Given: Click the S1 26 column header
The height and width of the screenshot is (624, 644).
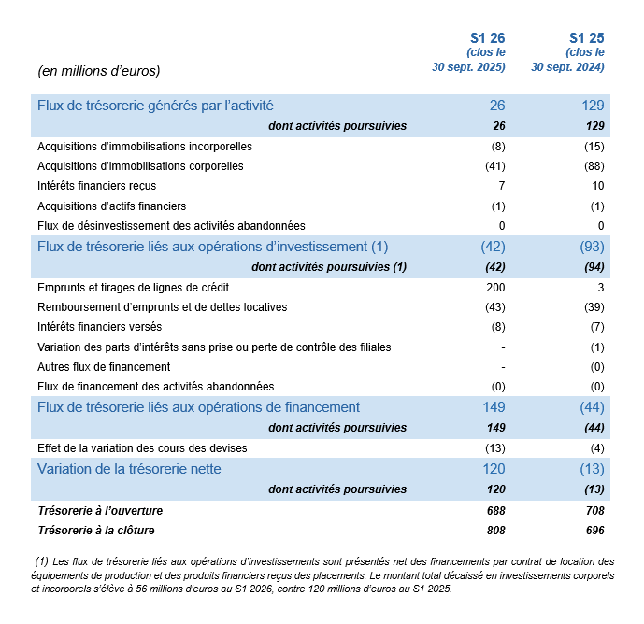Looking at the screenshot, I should tap(487, 38).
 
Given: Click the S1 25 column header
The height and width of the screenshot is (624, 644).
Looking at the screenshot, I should tap(587, 38).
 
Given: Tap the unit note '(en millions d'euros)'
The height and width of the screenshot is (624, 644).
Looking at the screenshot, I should tap(98, 71).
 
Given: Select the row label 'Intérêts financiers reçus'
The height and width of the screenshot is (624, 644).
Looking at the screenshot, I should tap(96, 186).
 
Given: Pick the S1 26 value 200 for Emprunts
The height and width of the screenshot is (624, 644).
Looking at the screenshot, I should tap(494, 288).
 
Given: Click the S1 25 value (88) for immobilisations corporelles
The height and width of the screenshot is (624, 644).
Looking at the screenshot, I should tap(594, 166).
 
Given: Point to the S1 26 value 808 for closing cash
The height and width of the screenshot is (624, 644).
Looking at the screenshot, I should tap(494, 531).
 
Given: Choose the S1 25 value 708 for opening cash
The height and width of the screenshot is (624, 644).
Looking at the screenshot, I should tap(594, 511).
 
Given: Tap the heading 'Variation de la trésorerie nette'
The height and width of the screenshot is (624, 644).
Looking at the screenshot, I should tap(129, 469).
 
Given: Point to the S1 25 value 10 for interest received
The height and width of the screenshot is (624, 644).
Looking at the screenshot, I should tap(597, 186).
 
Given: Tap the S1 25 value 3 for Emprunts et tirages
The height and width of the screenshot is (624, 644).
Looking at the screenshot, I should tap(601, 288).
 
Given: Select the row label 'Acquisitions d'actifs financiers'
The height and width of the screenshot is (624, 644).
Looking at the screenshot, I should tap(111, 206).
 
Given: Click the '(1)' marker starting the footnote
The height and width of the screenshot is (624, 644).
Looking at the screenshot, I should tap(40, 561).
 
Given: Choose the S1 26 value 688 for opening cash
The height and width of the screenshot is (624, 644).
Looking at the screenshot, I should tap(494, 511).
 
